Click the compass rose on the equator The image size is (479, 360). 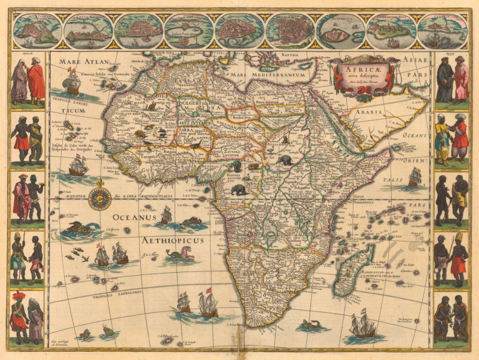click(x=99, y=198)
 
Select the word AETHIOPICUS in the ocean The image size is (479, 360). click(x=166, y=240)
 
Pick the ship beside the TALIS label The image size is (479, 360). click(x=414, y=177)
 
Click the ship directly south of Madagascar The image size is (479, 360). click(x=362, y=324)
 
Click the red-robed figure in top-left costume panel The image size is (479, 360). click(x=36, y=82)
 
